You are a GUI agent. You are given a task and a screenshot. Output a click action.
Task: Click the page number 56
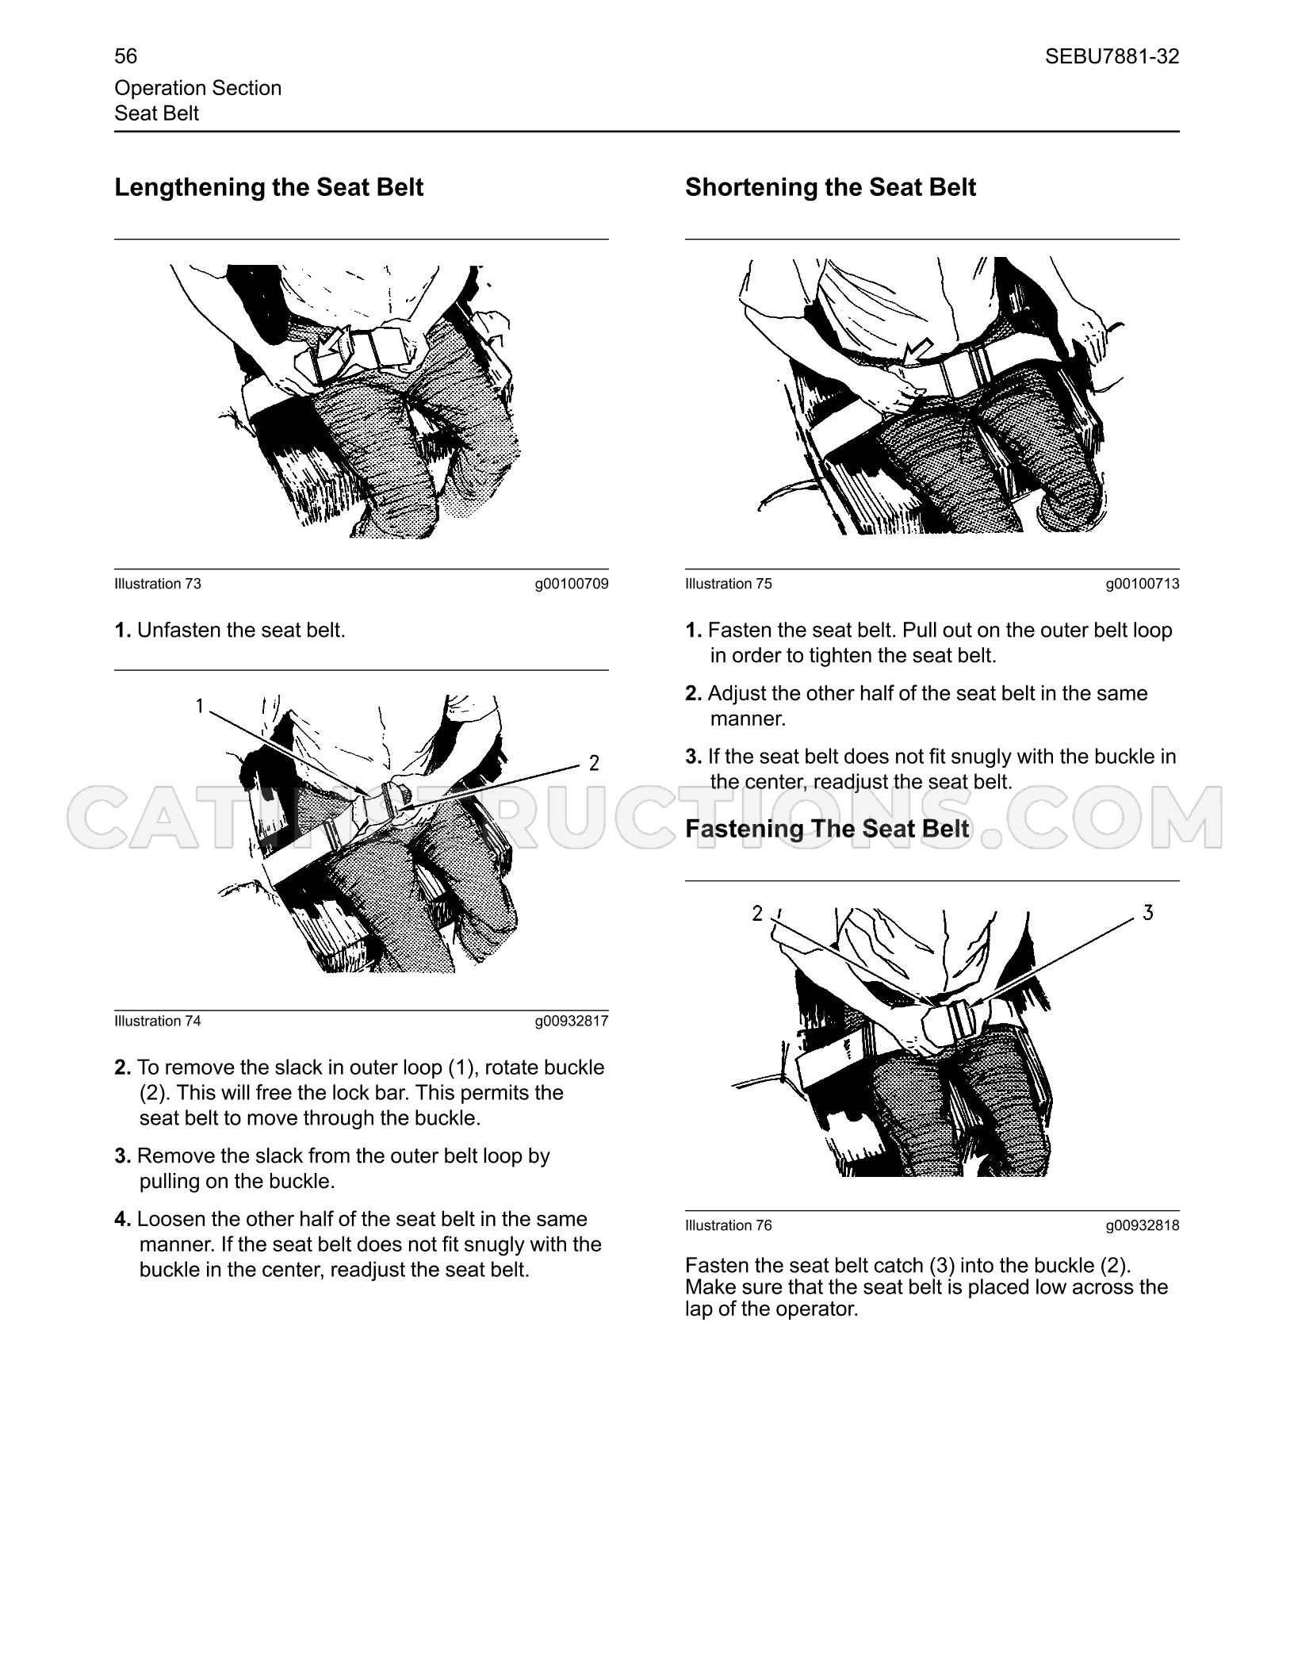click(125, 56)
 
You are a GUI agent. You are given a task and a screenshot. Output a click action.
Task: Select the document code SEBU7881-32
click(1112, 56)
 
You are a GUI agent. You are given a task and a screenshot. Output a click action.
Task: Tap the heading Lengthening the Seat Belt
click(269, 187)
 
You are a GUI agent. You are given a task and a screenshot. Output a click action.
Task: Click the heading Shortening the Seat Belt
click(830, 187)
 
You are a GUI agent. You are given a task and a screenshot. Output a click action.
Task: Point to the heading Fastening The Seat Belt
click(827, 829)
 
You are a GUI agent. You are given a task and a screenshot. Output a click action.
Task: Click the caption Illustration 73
click(158, 584)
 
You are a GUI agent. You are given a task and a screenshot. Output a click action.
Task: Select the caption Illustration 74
click(158, 1021)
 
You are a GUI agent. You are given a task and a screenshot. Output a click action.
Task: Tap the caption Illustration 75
click(728, 584)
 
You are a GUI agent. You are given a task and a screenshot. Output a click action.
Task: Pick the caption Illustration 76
click(728, 1225)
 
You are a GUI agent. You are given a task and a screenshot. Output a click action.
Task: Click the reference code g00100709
click(572, 584)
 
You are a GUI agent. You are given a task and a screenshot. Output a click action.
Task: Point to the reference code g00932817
click(572, 1021)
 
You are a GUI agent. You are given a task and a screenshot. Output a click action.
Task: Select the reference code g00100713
click(1143, 584)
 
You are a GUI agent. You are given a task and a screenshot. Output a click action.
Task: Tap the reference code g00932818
click(1143, 1225)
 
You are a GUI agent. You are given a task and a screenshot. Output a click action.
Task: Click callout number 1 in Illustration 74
click(201, 706)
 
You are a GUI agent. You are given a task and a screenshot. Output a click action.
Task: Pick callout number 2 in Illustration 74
click(594, 764)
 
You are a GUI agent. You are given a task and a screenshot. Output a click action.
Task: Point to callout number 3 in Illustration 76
click(1148, 913)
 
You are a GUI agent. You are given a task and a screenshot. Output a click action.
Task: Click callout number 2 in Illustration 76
click(757, 914)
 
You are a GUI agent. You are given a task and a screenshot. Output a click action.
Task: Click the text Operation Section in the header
click(197, 88)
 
